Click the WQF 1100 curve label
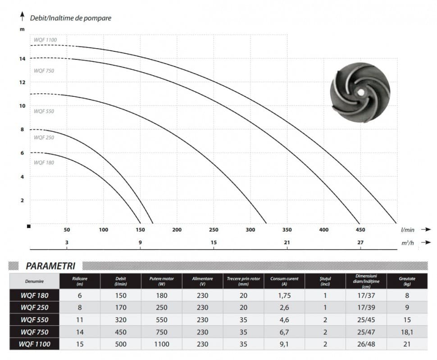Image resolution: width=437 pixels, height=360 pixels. coord(45,40)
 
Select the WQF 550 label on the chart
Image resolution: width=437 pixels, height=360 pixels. coord(44,111)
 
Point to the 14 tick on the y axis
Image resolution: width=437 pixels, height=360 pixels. coord(22,59)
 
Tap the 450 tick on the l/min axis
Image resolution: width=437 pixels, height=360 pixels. coord(360,230)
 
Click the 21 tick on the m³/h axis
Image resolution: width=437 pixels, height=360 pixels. coord(287,242)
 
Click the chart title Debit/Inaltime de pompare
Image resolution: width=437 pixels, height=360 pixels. coord(70,18)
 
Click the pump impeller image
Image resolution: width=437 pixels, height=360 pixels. coord(360,92)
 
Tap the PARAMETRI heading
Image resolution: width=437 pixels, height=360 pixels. coord(50,266)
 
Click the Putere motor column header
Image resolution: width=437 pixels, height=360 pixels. coord(161,281)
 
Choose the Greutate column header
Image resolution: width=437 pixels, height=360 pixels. coord(407,281)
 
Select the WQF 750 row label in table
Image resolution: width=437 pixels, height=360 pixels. coord(34,332)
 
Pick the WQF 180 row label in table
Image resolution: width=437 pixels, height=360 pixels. coord(34,296)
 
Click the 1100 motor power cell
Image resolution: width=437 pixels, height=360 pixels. coord(161,344)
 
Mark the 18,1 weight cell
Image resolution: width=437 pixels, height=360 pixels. coord(407,332)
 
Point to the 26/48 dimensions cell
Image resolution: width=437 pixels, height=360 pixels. coord(366,344)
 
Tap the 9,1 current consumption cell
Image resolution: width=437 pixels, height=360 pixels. coord(284,344)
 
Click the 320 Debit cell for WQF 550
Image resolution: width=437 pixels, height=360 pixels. coord(120,320)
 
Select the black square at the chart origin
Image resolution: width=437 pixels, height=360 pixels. coord(29,226)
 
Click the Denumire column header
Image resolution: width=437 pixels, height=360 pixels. coord(34,281)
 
